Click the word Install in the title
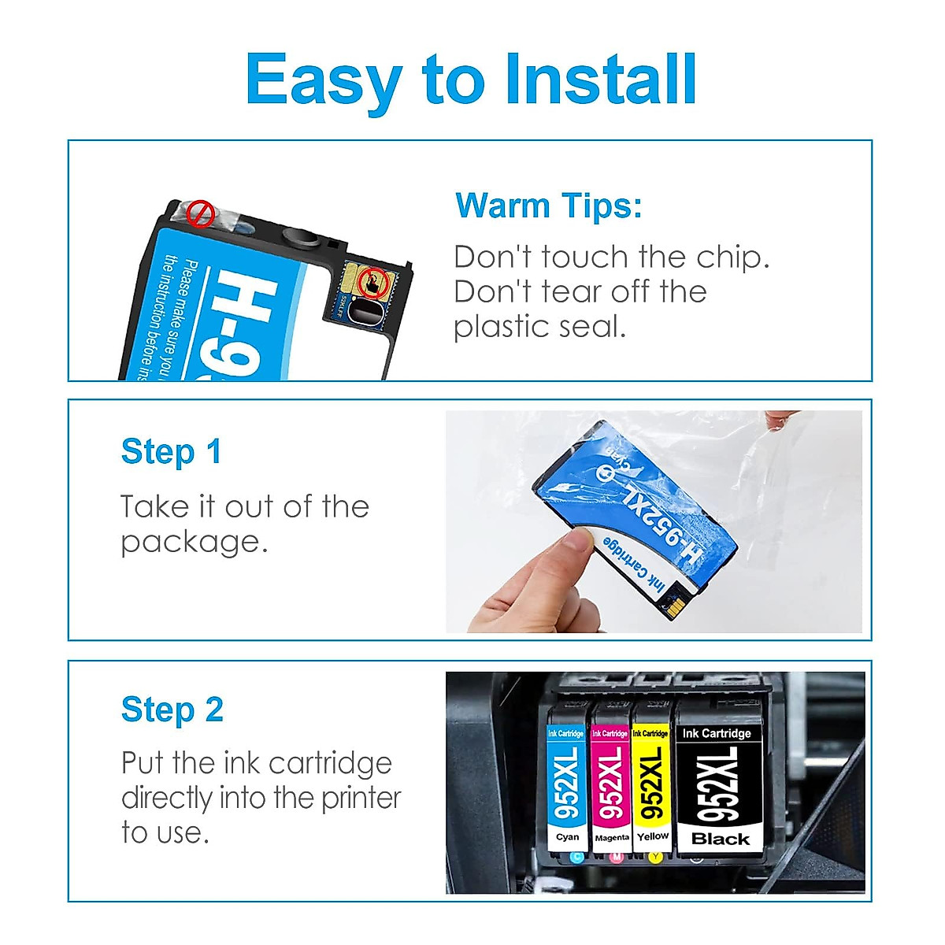pos(600,80)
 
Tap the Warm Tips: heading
pos(549,206)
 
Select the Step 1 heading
pos(171,452)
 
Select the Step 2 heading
pos(172,710)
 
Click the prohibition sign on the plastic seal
pos(202,213)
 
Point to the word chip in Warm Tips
pos(732,258)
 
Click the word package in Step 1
pos(194,543)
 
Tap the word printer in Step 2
pos(361,798)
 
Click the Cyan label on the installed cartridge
pos(567,837)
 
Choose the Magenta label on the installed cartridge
pos(611,837)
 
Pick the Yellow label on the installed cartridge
pos(653,836)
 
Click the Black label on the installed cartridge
pos(720,839)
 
